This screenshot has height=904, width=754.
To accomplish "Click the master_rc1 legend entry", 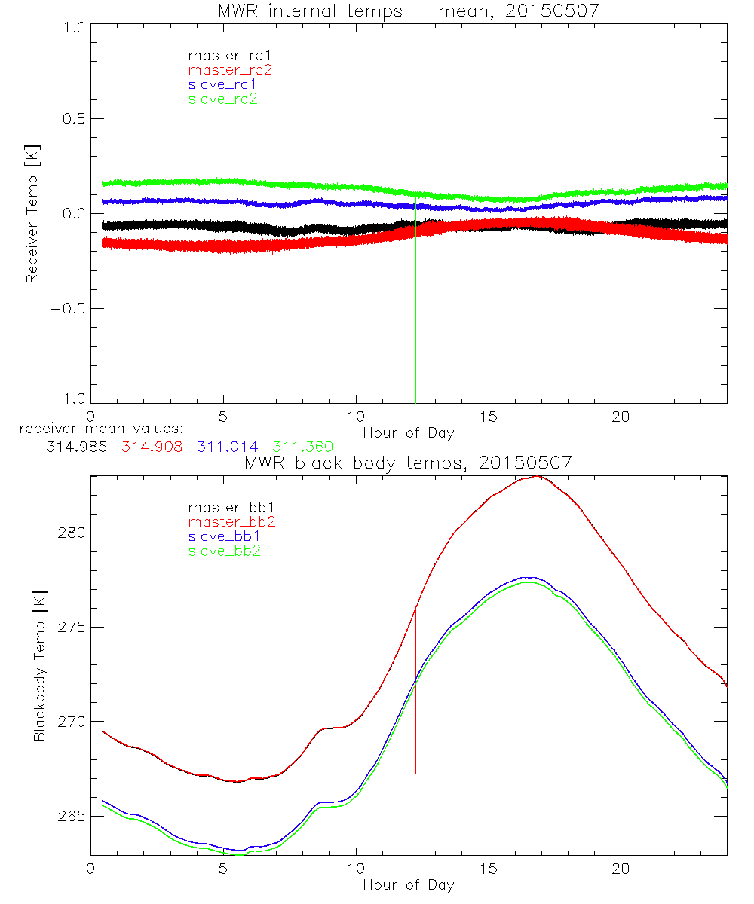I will coord(222,55).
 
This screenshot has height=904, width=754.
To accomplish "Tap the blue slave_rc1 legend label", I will coord(222,84).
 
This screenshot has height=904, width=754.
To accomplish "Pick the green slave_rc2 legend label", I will coord(222,99).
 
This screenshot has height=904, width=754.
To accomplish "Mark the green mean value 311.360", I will coord(303,447).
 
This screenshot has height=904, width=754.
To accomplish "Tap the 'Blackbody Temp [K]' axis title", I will coord(39,667).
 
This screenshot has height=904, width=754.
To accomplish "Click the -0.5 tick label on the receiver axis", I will coord(66,308).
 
